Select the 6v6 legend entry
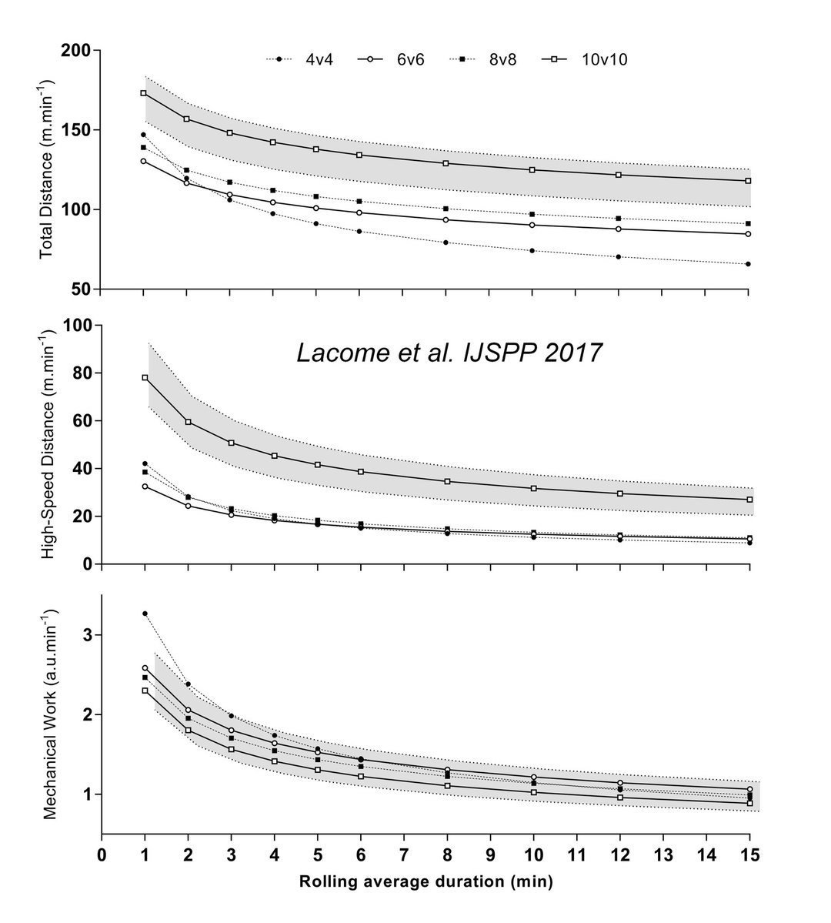(393, 59)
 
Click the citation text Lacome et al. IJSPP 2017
(450, 353)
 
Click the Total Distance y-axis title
(48, 169)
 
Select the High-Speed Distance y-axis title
(48, 444)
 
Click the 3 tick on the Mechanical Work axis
(87, 635)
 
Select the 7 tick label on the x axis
(403, 856)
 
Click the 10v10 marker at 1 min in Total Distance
(144, 93)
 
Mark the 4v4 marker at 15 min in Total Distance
(749, 264)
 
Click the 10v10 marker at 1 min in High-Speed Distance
(145, 378)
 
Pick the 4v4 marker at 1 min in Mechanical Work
(145, 614)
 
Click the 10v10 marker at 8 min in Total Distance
(446, 163)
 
